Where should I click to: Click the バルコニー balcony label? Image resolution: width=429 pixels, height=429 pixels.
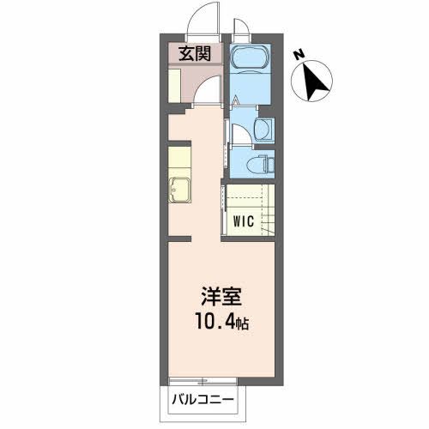206,399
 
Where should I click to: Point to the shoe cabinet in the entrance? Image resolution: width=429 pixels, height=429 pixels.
175,87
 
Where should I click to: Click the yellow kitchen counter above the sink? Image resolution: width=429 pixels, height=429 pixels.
178,160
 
